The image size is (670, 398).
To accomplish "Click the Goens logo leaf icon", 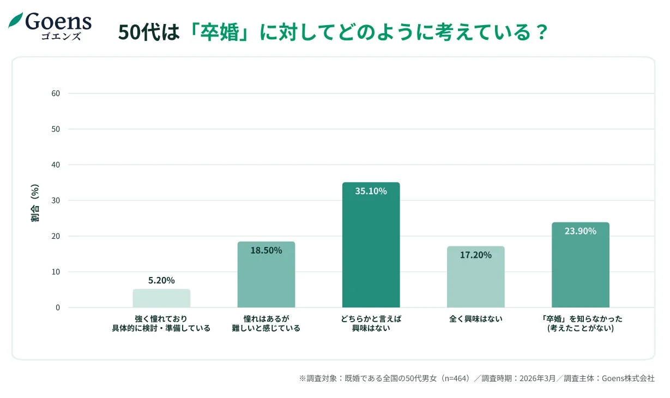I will (x=15, y=21).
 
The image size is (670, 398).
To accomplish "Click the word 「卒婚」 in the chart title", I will (x=221, y=33).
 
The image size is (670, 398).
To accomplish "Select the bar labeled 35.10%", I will (x=371, y=245).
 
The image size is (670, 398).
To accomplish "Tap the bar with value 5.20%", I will (x=161, y=298).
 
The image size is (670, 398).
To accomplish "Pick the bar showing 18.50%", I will (x=266, y=275).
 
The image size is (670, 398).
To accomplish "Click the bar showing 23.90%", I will (x=580, y=265).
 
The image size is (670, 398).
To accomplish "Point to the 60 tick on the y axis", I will (x=56, y=93).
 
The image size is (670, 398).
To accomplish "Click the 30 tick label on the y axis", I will (x=56, y=201).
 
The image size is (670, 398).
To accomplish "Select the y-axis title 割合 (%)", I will (x=35, y=203).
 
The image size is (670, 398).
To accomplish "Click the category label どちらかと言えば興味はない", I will (x=371, y=324).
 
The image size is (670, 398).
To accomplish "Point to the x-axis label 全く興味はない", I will (x=475, y=319).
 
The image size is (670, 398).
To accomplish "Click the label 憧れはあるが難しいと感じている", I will (x=266, y=324).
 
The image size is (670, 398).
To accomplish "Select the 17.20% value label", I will (x=475, y=255).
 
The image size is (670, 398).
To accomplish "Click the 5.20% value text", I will (x=161, y=281).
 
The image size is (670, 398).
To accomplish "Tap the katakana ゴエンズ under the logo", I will (x=61, y=37).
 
